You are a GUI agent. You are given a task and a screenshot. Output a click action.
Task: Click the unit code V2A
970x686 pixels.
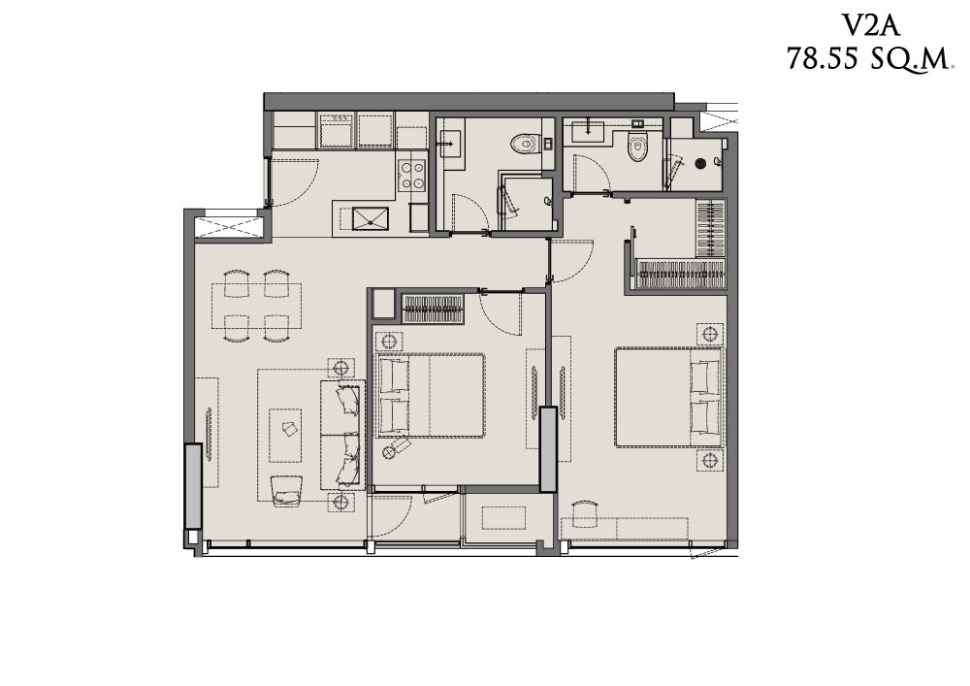point(870,26)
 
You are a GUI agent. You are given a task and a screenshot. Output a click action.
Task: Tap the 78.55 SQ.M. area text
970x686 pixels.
point(868,60)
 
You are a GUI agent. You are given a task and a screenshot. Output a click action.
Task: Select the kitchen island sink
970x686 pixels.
point(370,218)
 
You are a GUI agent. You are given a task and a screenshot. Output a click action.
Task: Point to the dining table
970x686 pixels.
point(257,307)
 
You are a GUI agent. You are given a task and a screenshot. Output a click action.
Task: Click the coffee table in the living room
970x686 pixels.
point(285,435)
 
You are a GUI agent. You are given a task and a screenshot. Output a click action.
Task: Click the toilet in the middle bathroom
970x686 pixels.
point(525,145)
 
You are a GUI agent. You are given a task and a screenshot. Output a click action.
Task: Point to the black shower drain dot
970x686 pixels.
point(700,163)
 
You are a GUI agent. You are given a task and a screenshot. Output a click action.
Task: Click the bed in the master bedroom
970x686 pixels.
point(668,397)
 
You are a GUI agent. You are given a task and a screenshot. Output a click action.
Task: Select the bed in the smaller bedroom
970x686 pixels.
point(430,395)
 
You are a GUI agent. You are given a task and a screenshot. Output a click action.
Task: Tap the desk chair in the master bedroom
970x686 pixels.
point(584,514)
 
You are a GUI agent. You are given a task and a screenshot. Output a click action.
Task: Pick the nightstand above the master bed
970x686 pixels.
point(710,334)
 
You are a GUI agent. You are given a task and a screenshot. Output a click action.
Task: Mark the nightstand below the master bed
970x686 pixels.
point(710,460)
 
